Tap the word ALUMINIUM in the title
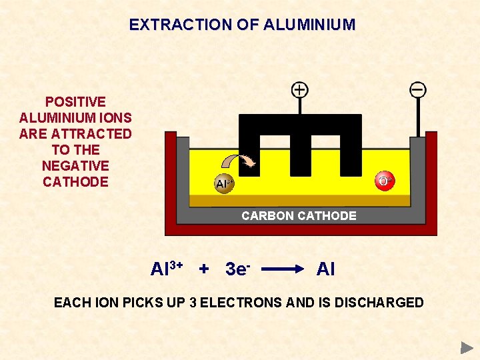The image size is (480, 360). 309,25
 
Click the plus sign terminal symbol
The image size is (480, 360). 300,89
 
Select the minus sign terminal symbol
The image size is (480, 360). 418,89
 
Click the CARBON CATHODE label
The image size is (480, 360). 299,216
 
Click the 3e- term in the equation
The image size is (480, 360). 237,269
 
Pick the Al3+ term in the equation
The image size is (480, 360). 167,269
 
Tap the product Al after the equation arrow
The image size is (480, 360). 325,269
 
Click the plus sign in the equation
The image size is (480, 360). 204,269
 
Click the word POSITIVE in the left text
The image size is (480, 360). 75,102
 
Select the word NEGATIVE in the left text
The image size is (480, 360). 75,166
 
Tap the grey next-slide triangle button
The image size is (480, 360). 467,347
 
